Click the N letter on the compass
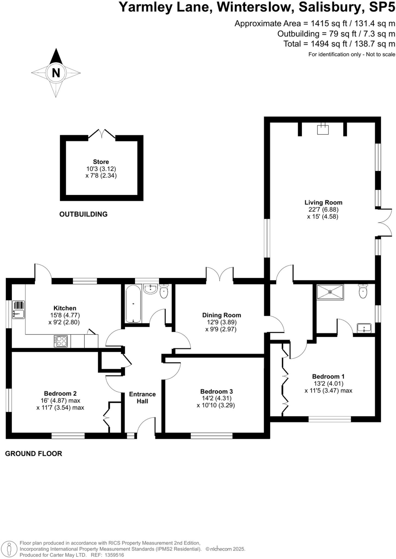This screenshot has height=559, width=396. pyautogui.click(x=56, y=73)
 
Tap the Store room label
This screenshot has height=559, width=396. pyautogui.click(x=101, y=162)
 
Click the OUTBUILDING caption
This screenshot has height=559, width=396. pyautogui.click(x=83, y=214)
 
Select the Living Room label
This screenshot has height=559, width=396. pyautogui.click(x=323, y=203)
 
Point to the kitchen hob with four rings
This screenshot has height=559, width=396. pyautogui.click(x=61, y=341)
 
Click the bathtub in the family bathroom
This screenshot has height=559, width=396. pyautogui.click(x=133, y=304)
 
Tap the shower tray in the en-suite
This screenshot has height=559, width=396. pyautogui.click(x=330, y=292)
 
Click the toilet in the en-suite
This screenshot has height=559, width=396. pyautogui.click(x=363, y=291)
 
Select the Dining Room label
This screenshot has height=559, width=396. pyautogui.click(x=221, y=315)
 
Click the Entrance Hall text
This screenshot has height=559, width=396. pyautogui.click(x=142, y=398)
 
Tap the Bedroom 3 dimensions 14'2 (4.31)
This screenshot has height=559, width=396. pyautogui.click(x=216, y=399)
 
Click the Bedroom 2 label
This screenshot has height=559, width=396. pyautogui.click(x=60, y=394)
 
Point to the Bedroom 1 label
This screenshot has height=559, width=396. pyautogui.click(x=328, y=376)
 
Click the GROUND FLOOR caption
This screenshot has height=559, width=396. pyautogui.click(x=34, y=454)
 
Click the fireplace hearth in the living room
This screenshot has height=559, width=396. pyautogui.click(x=322, y=129)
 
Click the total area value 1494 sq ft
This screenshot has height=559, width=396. pyautogui.click(x=327, y=44)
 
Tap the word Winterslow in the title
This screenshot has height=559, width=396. pyautogui.click(x=255, y=7)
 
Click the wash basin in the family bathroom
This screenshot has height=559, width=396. pyautogui.click(x=150, y=289)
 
